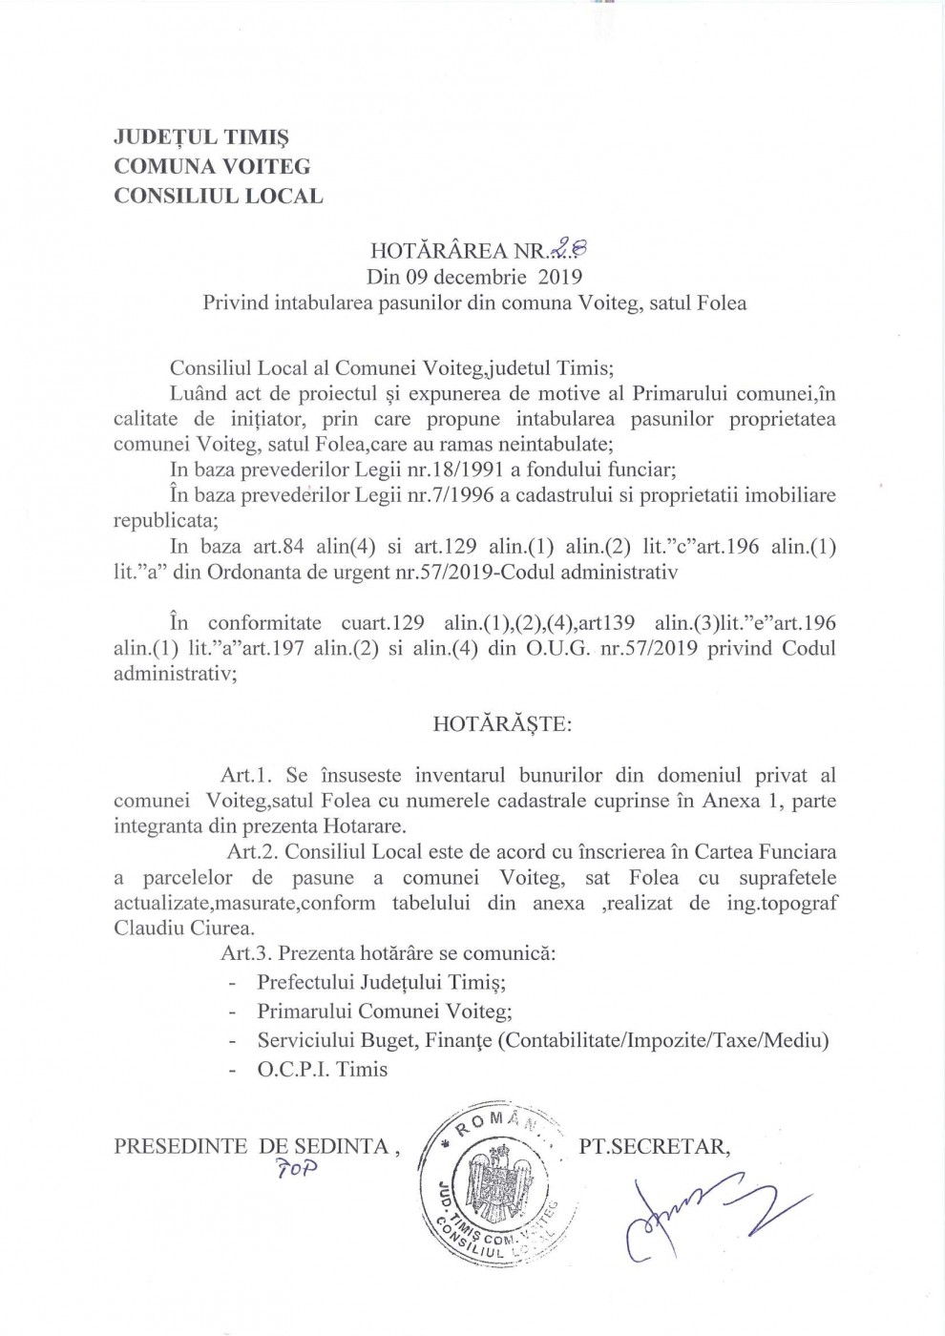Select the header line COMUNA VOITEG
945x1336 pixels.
[x=212, y=166]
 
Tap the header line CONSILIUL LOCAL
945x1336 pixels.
[x=218, y=196]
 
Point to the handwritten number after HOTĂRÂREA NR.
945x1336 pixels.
[x=569, y=250]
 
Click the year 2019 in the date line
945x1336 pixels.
[x=560, y=278]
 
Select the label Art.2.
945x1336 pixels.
[x=253, y=851]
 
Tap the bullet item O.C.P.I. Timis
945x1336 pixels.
[x=322, y=1069]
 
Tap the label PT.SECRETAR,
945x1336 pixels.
[x=655, y=1146]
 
